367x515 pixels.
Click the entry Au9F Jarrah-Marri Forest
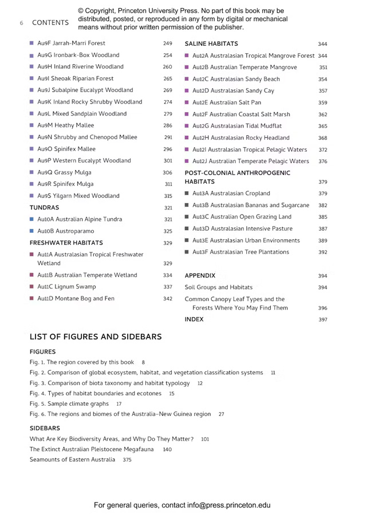point(71,43)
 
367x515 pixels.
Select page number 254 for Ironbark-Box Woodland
point(167,56)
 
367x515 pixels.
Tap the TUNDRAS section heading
point(44,208)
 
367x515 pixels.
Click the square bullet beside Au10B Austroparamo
point(31,231)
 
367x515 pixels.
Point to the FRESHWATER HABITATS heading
point(66,243)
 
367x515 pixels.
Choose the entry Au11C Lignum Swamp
point(66,287)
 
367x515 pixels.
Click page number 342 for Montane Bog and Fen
point(167,299)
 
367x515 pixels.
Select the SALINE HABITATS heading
point(211,43)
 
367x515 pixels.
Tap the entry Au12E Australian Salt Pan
point(227,102)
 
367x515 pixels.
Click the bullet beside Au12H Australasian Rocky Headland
point(187,138)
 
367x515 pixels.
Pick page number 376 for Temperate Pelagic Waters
point(323,162)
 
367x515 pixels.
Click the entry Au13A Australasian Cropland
point(231,193)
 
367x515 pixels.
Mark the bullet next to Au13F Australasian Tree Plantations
point(187,252)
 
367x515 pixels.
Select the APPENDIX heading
point(200,275)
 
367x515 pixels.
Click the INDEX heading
point(194,319)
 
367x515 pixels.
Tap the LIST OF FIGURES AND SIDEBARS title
point(96,337)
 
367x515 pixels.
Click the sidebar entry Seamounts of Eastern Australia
point(72,459)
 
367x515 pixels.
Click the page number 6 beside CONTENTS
point(21,23)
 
